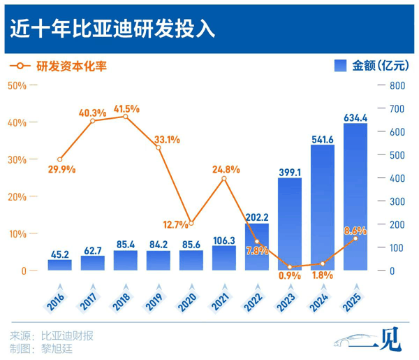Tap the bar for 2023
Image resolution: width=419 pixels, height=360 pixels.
(289, 224)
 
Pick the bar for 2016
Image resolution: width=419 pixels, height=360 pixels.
(60, 265)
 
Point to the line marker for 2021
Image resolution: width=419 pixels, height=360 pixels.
(223, 179)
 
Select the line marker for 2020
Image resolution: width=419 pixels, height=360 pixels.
(191, 224)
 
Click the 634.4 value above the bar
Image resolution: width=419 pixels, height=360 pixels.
(355, 117)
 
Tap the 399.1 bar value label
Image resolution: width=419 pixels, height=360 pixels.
(289, 171)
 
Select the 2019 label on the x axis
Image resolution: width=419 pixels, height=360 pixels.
(157, 302)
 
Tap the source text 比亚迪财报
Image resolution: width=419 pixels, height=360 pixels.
(68, 335)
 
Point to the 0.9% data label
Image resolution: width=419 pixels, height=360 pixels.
(288, 275)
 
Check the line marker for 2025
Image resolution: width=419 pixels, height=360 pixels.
(355, 238)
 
